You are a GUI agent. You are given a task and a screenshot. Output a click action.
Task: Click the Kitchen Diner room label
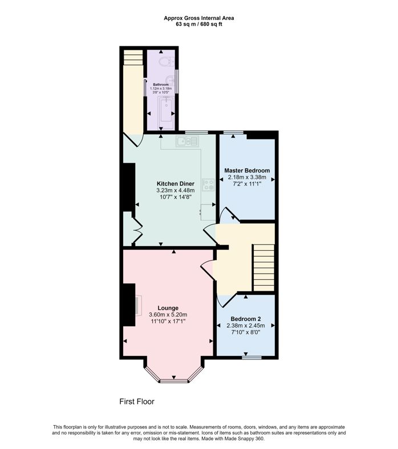[x=175, y=184]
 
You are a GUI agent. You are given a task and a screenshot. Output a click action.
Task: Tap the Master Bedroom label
[x=247, y=170]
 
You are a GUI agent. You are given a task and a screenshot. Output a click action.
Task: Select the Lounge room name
[x=168, y=308]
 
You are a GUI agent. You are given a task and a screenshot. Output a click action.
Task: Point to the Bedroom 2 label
[x=246, y=319]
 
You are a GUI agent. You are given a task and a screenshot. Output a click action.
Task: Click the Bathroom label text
[x=161, y=85]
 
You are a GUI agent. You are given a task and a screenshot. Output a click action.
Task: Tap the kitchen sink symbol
[x=187, y=141]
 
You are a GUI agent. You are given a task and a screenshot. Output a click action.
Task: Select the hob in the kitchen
[x=209, y=185]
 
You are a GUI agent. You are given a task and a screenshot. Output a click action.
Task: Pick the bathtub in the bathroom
[x=166, y=110]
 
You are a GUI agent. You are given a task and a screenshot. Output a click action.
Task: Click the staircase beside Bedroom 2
[x=263, y=268]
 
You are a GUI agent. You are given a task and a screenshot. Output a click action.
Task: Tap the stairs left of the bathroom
[x=133, y=57]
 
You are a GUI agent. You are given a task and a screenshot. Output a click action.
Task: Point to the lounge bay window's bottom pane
[x=174, y=381]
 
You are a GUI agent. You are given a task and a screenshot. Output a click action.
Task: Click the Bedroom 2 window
[x=251, y=358]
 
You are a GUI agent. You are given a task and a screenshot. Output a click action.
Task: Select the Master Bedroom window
[x=234, y=133]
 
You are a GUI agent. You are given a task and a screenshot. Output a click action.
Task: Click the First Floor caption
[x=137, y=402]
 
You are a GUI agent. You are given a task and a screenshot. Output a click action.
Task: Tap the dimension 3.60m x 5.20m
[x=168, y=315]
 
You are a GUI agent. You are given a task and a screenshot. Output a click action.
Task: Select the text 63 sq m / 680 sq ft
[x=198, y=24]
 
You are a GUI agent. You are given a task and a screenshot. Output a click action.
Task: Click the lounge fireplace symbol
[x=139, y=305]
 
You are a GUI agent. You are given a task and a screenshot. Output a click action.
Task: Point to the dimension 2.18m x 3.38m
[x=247, y=177]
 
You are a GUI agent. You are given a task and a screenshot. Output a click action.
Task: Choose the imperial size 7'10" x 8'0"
[x=246, y=332]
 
